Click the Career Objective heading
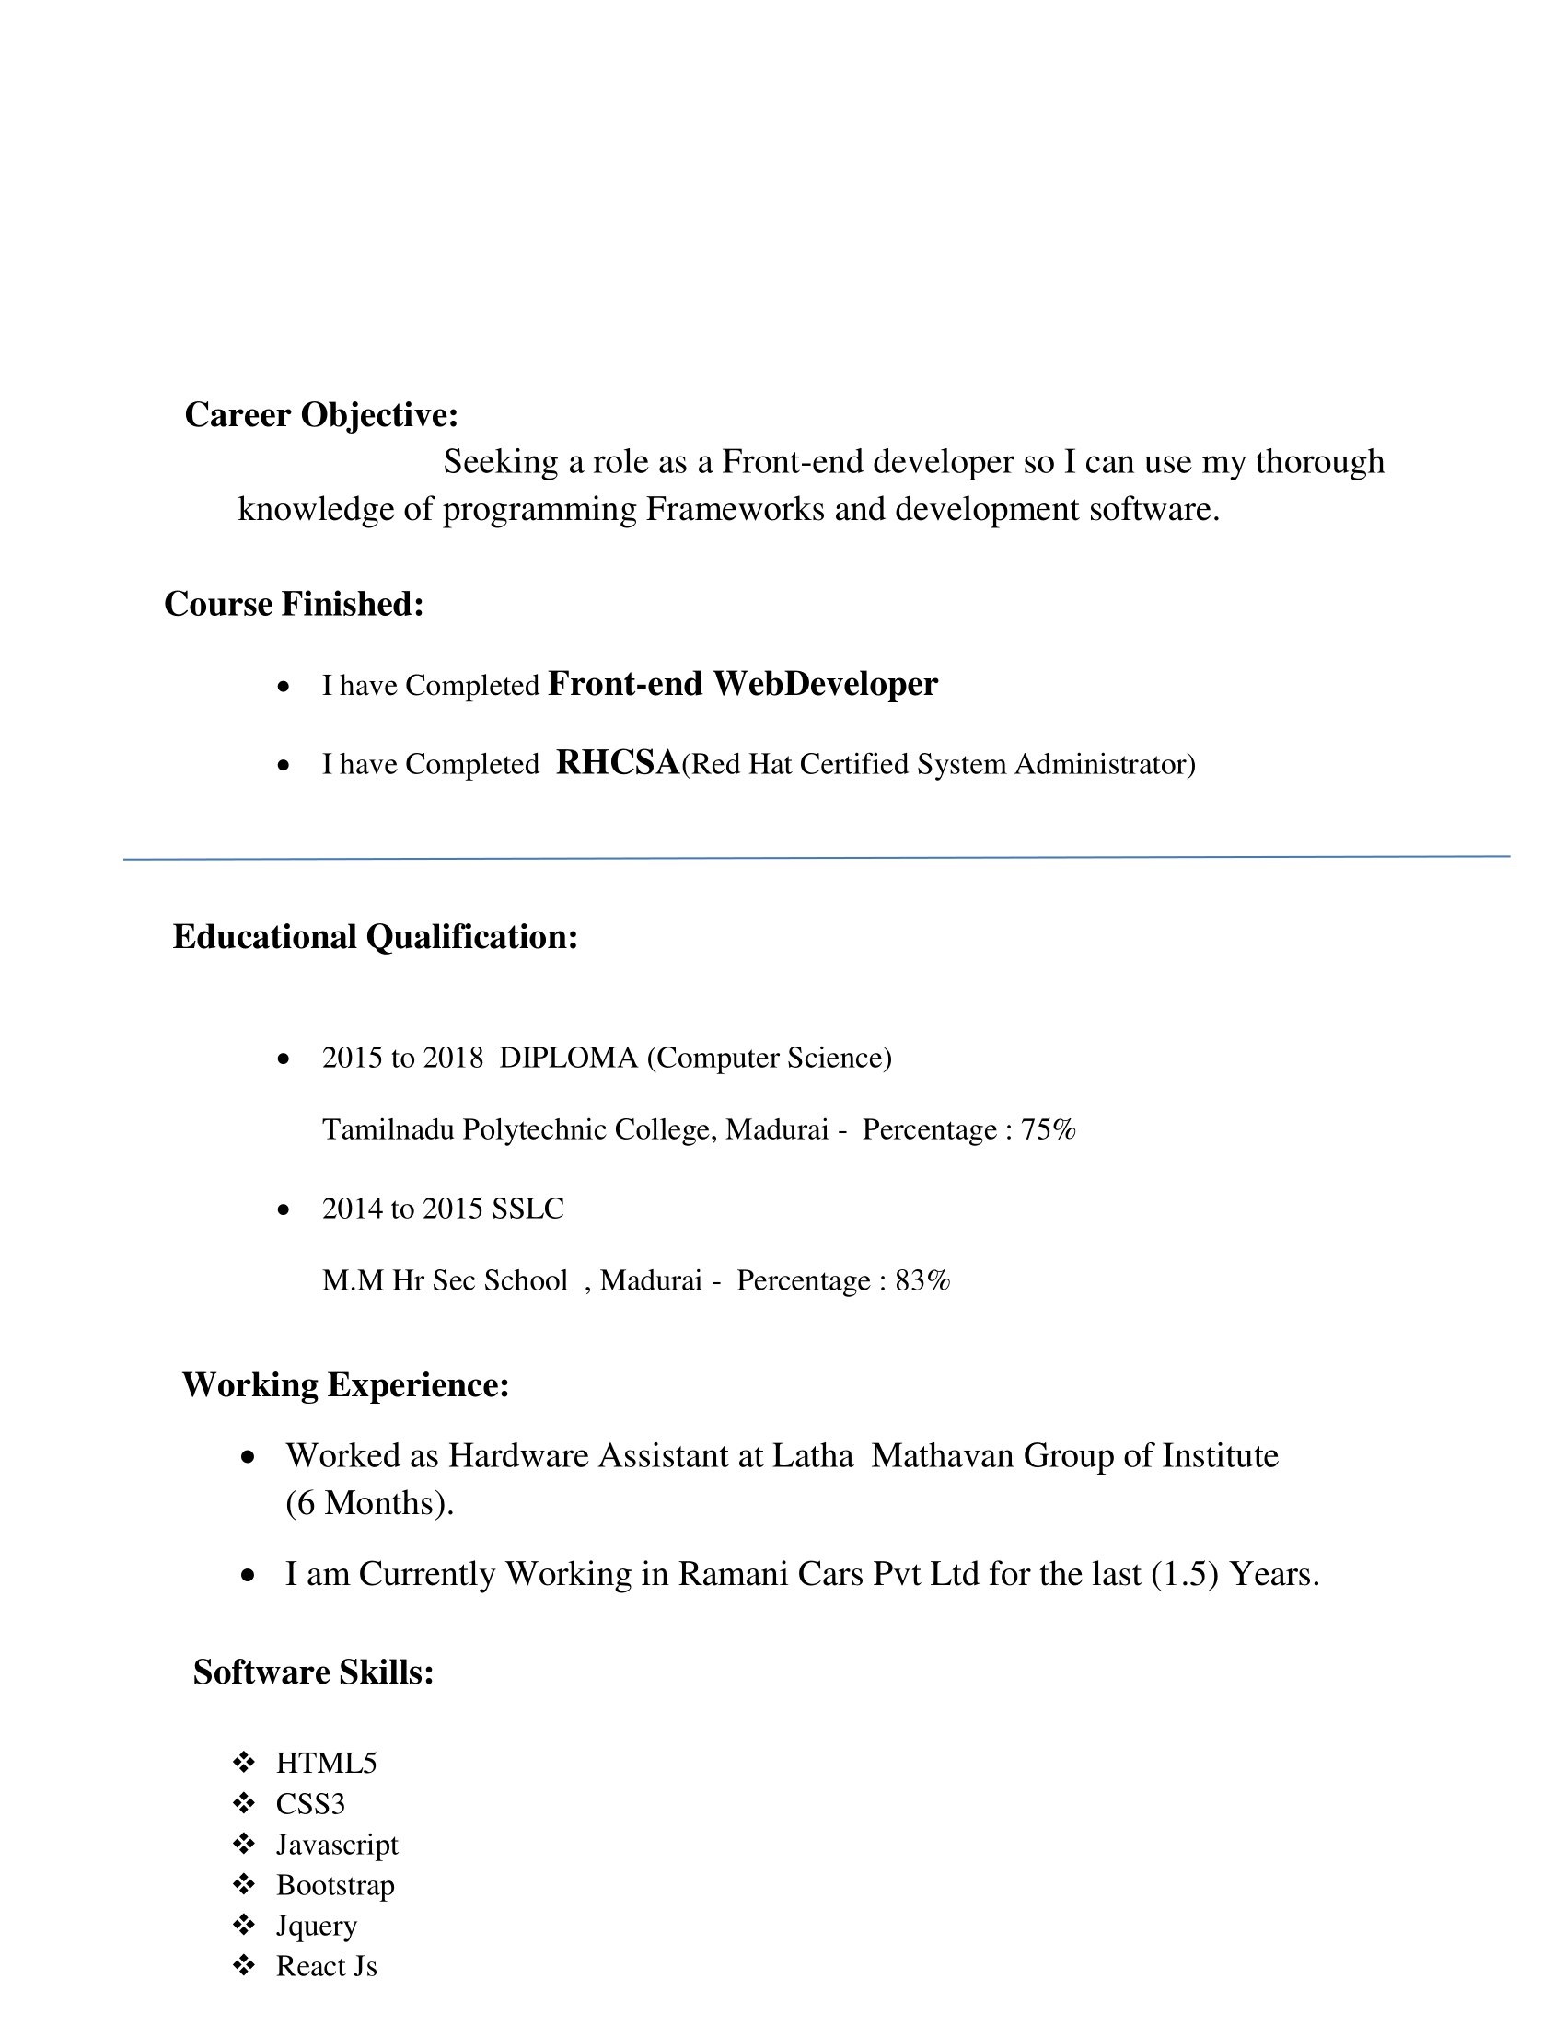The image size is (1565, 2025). click(320, 415)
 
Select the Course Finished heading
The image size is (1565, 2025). click(294, 605)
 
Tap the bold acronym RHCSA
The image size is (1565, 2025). click(618, 762)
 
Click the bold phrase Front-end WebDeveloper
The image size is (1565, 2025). click(743, 684)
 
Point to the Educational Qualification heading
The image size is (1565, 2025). click(375, 937)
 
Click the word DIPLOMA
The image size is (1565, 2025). click(568, 1058)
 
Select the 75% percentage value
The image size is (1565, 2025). click(1048, 1130)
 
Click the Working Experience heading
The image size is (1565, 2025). click(346, 1385)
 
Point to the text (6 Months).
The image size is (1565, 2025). click(369, 1503)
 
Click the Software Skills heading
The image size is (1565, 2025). click(313, 1672)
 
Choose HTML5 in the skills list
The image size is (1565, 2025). click(327, 1764)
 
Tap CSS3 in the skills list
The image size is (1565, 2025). click(310, 1804)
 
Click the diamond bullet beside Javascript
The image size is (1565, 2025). click(244, 1845)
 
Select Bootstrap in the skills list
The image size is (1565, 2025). click(336, 1885)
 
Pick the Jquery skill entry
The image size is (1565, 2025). click(316, 1926)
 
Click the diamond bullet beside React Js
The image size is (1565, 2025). click(244, 1966)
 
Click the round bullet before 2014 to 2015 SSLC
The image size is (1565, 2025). click(284, 1210)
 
